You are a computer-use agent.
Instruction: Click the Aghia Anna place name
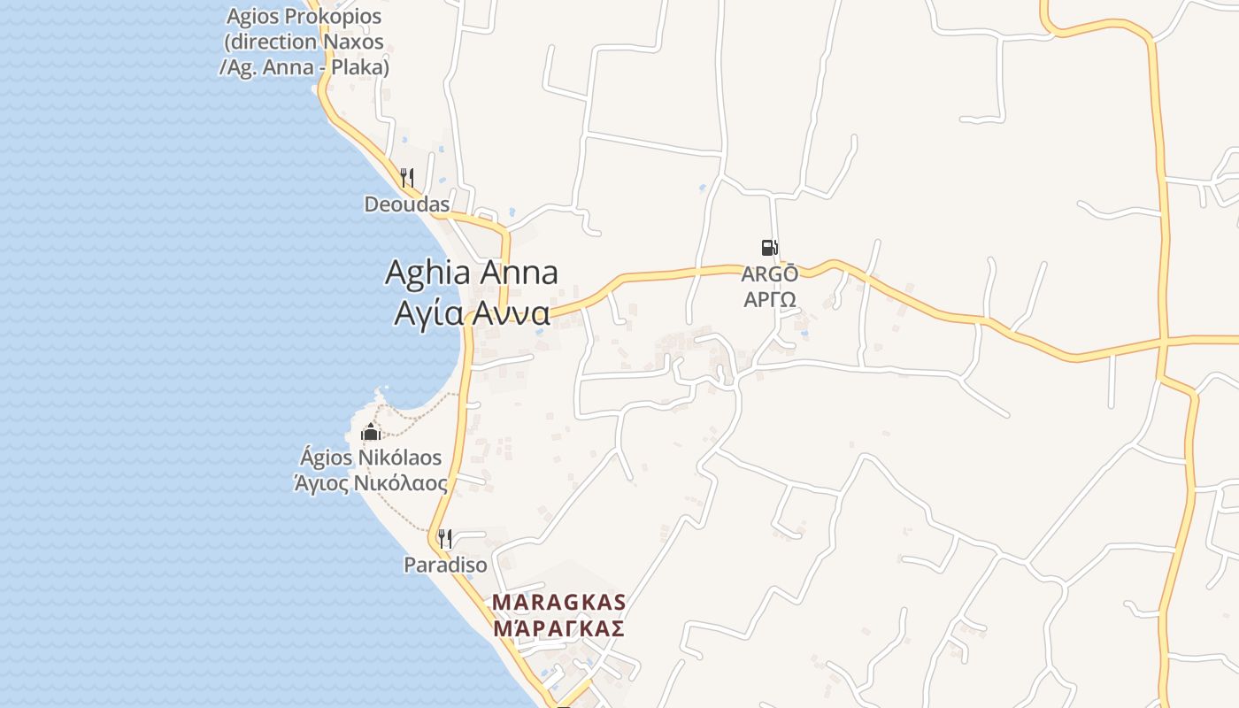[x=471, y=273]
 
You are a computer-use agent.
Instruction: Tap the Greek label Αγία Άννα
[x=471, y=313]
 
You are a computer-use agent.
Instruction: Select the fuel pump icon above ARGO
[x=769, y=248]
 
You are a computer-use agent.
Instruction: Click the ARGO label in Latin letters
[x=769, y=274]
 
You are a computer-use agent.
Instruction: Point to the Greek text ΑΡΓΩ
[x=769, y=299]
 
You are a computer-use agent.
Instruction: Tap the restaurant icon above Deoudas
[x=407, y=178]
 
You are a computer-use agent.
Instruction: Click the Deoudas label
[x=407, y=204]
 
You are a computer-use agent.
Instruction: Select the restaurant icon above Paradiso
[x=445, y=538]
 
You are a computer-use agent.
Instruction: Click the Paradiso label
[x=445, y=565]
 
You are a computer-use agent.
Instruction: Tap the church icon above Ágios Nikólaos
[x=370, y=433]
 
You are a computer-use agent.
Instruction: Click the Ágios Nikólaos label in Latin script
[x=370, y=458]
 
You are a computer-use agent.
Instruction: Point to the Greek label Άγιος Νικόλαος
[x=370, y=483]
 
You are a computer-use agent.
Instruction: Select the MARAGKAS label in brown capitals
[x=558, y=603]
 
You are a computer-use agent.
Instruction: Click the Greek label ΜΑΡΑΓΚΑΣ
[x=558, y=628]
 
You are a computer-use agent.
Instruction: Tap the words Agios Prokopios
[x=304, y=17]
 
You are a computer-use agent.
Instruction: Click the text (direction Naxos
[x=304, y=42]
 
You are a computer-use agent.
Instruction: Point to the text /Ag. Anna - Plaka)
[x=304, y=66]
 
